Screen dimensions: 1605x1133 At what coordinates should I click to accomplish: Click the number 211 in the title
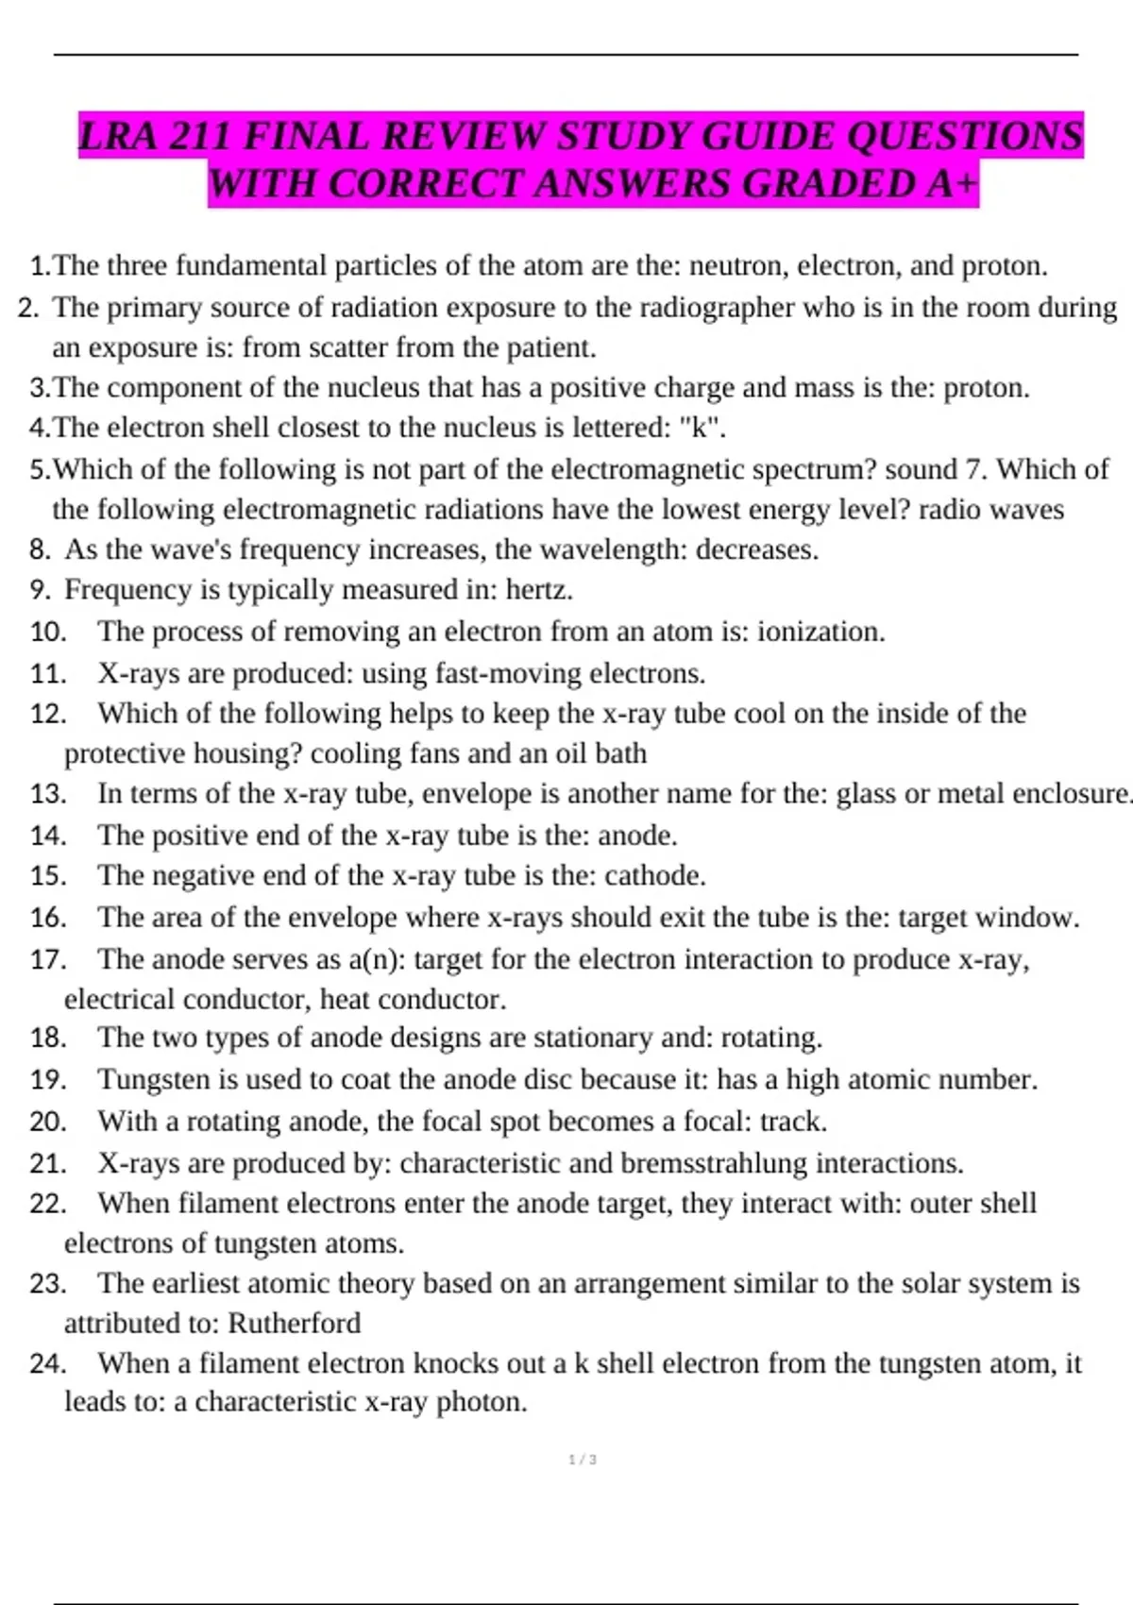[x=201, y=137]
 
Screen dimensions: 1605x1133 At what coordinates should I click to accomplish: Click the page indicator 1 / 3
[x=583, y=1460]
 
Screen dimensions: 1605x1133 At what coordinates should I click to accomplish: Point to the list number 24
[x=47, y=1363]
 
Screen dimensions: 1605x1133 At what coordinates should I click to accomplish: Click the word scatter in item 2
[x=345, y=348]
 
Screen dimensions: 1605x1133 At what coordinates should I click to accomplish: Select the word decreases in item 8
[x=756, y=549]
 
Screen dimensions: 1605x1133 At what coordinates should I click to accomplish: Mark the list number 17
[x=47, y=960]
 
